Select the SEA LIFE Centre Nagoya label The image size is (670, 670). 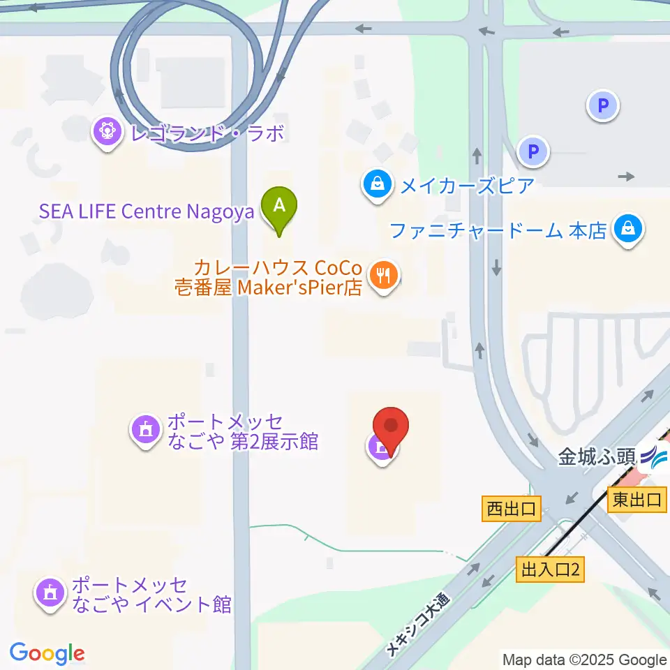tap(147, 211)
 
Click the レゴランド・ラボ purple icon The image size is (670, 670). tap(106, 133)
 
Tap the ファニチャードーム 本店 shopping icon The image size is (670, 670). tap(628, 230)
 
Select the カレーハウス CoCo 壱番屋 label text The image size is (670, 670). tap(278, 277)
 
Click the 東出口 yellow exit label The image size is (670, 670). tap(636, 500)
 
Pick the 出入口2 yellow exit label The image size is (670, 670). tap(550, 570)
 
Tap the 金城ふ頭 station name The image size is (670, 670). tap(597, 457)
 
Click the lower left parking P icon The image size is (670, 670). tap(534, 151)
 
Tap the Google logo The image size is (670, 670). tap(47, 653)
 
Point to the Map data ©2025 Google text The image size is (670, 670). tap(585, 660)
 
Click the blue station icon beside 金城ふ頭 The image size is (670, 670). tap(655, 459)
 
